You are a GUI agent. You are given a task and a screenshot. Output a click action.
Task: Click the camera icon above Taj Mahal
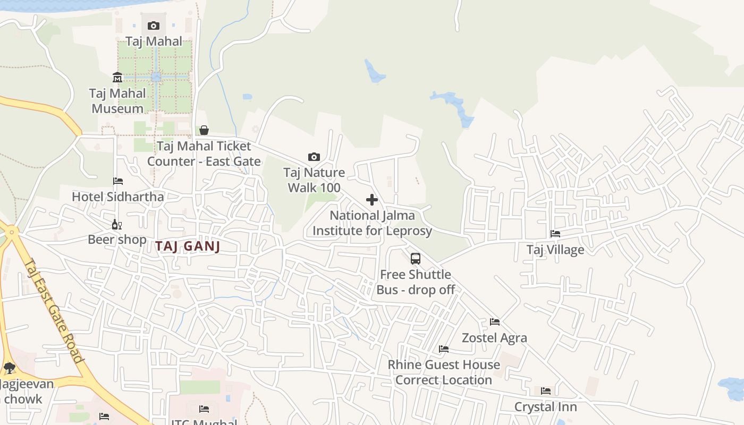tap(154, 25)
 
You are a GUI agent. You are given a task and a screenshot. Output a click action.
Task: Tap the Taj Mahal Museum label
tap(117, 101)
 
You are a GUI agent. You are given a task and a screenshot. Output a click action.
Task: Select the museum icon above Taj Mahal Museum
tap(117, 78)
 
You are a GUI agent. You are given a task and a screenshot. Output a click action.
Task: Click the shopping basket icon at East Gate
tap(204, 130)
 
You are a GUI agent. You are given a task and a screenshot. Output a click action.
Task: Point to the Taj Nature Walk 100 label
tap(314, 180)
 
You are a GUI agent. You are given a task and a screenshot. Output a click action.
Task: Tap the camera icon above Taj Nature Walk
tap(314, 157)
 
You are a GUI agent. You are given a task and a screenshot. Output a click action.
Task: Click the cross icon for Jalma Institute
tap(372, 200)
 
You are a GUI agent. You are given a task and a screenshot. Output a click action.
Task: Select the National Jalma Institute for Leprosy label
tap(372, 223)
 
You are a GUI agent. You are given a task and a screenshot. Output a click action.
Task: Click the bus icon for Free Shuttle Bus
tap(416, 259)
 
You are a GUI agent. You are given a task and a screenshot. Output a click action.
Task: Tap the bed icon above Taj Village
tap(555, 234)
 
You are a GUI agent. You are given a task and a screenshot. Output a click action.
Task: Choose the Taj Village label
tap(555, 250)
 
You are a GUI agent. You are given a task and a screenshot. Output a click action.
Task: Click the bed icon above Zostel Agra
tap(495, 322)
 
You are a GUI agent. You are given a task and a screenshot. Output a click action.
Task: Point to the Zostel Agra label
tap(495, 338)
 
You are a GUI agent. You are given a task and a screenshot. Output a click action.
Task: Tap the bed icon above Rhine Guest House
tap(444, 349)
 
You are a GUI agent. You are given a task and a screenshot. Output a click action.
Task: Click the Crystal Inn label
tap(546, 407)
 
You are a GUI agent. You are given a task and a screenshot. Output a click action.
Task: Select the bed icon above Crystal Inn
tap(546, 391)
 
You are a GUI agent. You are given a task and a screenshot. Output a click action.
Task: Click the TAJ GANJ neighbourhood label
tap(188, 246)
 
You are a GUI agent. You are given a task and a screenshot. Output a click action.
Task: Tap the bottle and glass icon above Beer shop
tap(117, 224)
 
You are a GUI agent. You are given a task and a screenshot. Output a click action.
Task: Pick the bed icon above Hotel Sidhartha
tap(118, 181)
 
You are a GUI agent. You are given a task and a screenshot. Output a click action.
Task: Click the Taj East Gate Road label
tap(54, 311)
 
